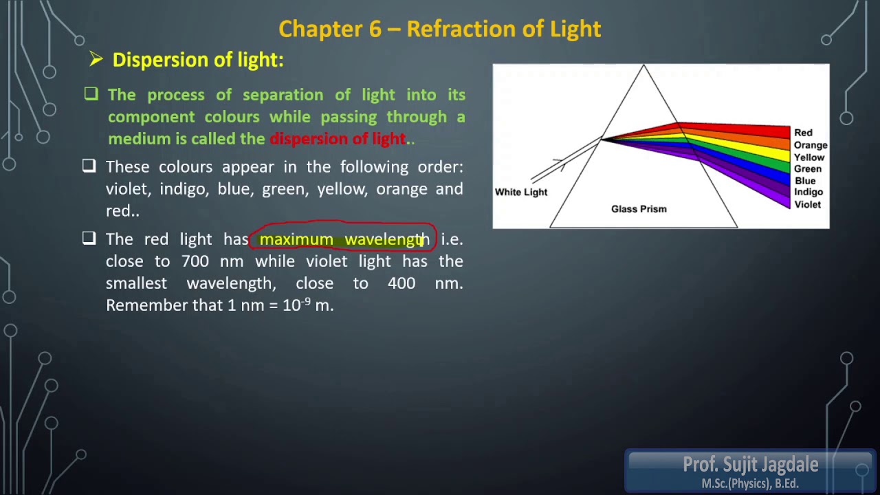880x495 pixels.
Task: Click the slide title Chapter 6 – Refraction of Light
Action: (x=440, y=29)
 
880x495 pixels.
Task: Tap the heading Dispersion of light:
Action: (x=197, y=60)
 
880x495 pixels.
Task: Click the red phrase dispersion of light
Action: (x=338, y=139)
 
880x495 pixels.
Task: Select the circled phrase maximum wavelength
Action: (x=344, y=239)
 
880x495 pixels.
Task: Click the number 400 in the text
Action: (x=401, y=283)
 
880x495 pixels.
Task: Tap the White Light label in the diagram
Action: (x=521, y=192)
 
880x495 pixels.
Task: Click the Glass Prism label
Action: (x=639, y=209)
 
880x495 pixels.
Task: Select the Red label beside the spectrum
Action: (x=803, y=133)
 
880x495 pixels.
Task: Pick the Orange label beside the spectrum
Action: (x=810, y=145)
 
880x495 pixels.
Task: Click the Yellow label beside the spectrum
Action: (x=808, y=157)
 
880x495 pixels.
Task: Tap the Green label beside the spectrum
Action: (x=807, y=169)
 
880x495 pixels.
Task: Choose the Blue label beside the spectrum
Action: (x=804, y=181)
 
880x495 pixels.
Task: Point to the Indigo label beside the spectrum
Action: (x=808, y=192)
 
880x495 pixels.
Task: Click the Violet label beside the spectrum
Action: (x=807, y=205)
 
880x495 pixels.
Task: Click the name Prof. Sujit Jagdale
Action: (x=750, y=465)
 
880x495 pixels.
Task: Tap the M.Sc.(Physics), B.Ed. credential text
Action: (x=750, y=484)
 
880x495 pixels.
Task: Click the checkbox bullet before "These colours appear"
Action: (x=89, y=166)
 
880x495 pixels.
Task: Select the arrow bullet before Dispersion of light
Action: (x=96, y=60)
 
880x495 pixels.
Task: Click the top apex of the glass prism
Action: (x=643, y=66)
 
